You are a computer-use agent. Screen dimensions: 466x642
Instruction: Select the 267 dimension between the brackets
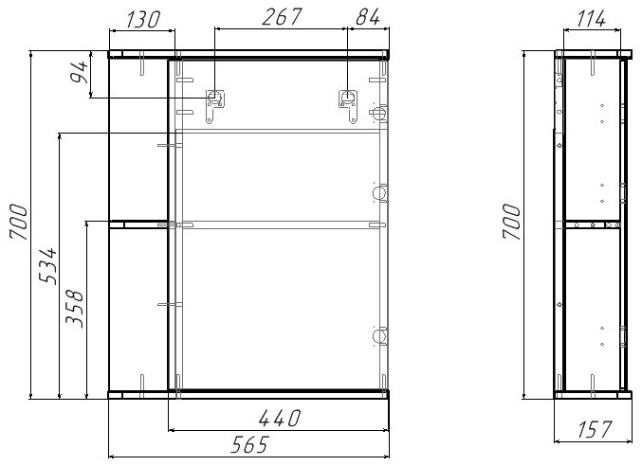[x=282, y=19]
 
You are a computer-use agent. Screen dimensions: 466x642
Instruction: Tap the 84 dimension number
[x=369, y=19]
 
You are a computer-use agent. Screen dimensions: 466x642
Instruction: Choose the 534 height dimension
[x=52, y=266]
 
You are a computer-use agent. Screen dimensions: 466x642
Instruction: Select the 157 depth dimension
[x=592, y=431]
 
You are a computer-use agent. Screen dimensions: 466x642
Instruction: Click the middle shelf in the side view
[x=593, y=224]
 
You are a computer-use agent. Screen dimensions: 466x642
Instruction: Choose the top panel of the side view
[x=593, y=53]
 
